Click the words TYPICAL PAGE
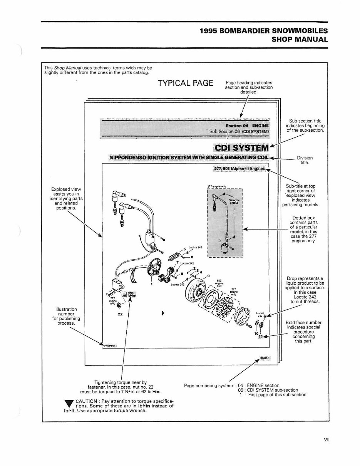click(186, 83)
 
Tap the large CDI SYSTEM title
click(241, 148)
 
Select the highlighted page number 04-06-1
click(265, 358)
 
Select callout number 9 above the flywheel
click(208, 276)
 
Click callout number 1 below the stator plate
click(152, 284)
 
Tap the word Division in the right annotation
click(305, 158)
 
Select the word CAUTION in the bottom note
click(87, 401)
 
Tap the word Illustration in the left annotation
click(67, 309)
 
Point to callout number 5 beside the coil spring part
click(185, 249)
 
